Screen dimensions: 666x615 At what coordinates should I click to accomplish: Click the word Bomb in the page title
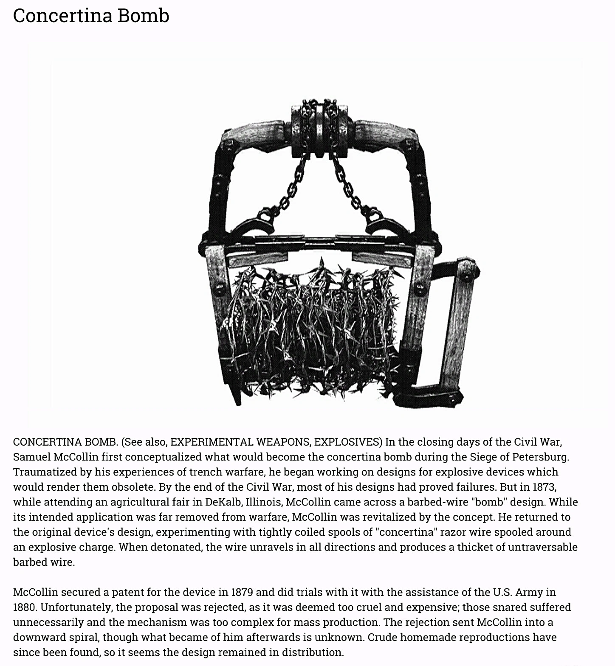click(x=143, y=16)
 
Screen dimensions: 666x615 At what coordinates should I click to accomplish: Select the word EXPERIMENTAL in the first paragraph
click(x=211, y=442)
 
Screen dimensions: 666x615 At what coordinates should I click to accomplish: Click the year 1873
click(x=544, y=487)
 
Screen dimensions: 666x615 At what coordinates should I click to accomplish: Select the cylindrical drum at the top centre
click(x=319, y=123)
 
